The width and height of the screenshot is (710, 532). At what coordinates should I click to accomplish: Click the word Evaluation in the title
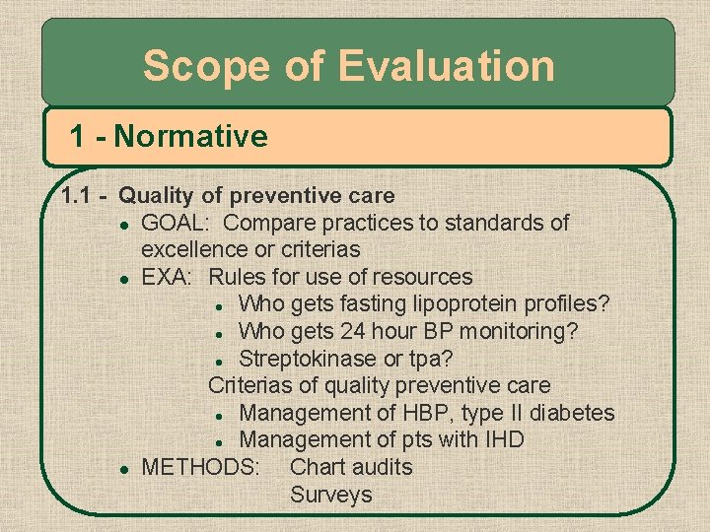pos(447,67)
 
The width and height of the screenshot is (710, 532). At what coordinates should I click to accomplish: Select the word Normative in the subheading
pos(190,136)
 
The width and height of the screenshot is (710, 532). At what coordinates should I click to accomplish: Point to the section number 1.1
pos(77,196)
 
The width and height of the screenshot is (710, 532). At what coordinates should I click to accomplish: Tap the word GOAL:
pos(177,223)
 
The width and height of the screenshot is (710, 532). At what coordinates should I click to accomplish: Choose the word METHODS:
pos(201,466)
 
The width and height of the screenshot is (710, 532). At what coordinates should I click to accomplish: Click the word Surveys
pos(331,494)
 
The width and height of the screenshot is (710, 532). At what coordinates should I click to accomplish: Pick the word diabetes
pos(569,412)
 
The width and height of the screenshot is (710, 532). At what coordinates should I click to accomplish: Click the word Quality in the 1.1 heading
pos(155,196)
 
